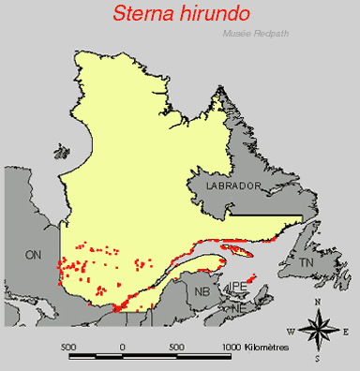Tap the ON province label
coord(34,255)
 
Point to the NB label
coord(202,291)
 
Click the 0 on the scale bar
coord(123,347)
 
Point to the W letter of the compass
coord(291,332)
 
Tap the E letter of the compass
coord(346,332)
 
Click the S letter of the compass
coord(319,359)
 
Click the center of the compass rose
coord(319,330)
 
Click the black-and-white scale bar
coord(150,356)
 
